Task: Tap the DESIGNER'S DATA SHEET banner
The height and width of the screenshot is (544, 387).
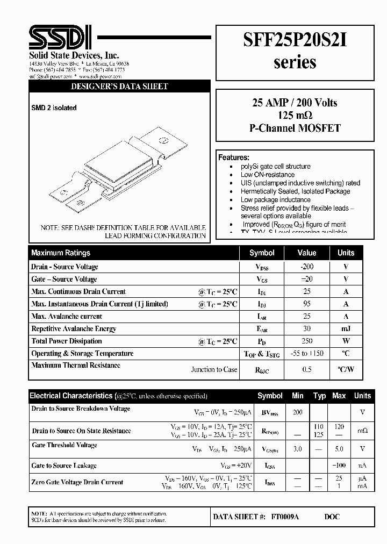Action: tap(120, 87)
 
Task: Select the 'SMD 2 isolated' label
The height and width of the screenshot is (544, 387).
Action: tap(54, 108)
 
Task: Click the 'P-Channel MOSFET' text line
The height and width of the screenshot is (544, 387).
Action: tap(295, 128)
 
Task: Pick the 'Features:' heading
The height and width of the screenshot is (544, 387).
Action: tap(233, 158)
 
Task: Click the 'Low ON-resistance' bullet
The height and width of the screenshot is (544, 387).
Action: tap(267, 175)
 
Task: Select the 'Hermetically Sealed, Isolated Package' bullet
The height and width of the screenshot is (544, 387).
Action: tap(295, 191)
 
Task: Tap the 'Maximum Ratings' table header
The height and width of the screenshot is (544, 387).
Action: tap(61, 253)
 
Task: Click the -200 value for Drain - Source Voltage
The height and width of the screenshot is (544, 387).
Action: tap(307, 267)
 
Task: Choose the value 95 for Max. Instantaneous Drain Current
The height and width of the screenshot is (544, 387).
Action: tap(307, 304)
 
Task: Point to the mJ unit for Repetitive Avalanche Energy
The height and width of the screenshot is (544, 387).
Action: tap(346, 328)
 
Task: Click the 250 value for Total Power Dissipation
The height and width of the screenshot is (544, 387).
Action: tap(307, 341)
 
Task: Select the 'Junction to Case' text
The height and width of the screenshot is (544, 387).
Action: tap(214, 369)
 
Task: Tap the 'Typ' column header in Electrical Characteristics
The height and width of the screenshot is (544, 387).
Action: tap(319, 396)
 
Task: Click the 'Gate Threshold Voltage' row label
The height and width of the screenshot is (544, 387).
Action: tap(64, 445)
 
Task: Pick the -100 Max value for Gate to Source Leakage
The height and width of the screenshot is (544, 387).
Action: tap(339, 466)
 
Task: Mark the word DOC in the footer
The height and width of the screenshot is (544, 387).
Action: tap(332, 517)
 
